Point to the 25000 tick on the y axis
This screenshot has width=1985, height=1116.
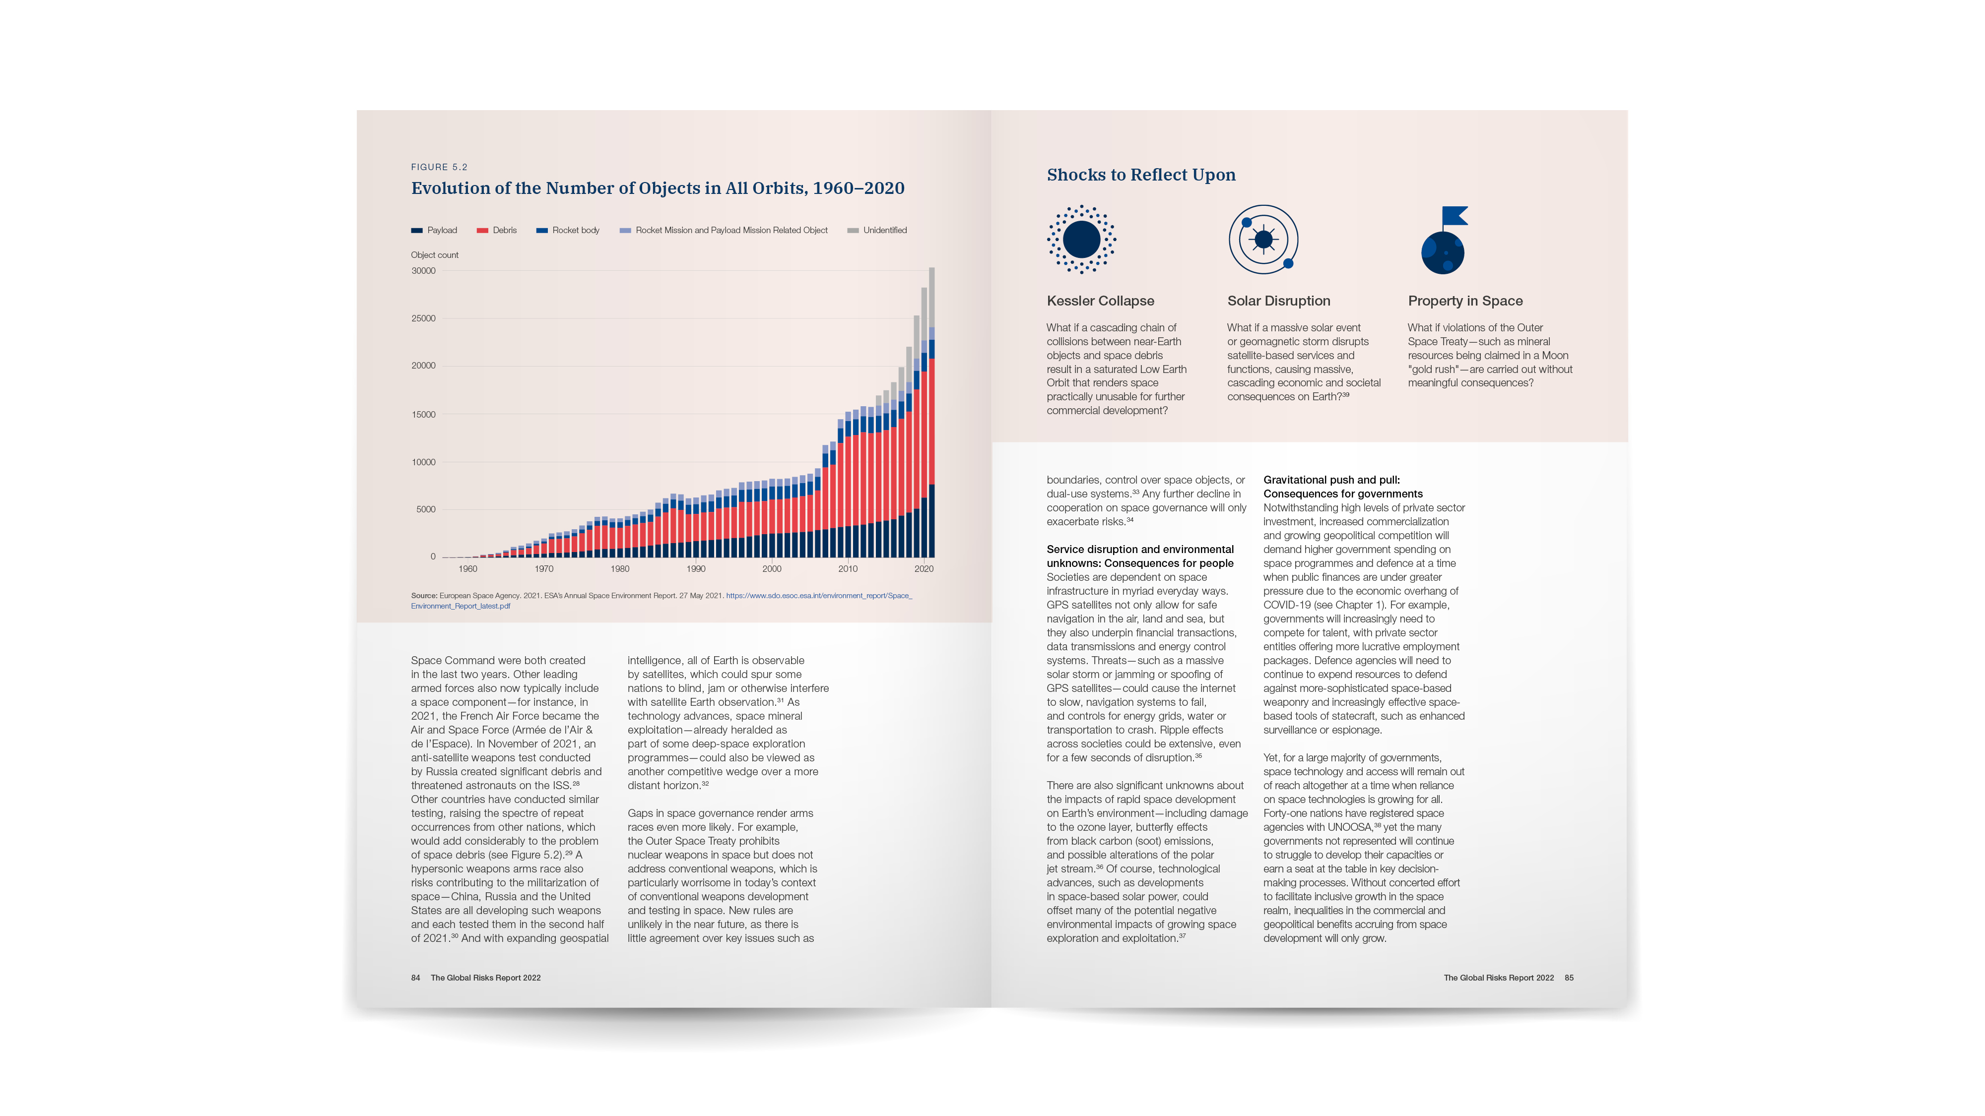(423, 318)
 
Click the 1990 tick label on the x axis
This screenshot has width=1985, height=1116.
(695, 569)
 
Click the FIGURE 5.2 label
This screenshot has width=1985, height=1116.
(439, 167)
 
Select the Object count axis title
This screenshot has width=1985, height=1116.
(435, 255)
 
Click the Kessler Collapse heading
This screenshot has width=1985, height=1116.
(1100, 301)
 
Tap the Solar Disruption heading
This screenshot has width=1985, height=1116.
(1278, 301)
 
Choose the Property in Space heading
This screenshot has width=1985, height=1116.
(1465, 301)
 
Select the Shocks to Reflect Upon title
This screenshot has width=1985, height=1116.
(1140, 175)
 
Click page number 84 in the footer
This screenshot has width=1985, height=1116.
(415, 978)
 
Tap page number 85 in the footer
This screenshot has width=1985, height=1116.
(1569, 978)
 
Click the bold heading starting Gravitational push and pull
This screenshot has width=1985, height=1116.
(1342, 487)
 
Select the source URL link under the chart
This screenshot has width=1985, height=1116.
(818, 596)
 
